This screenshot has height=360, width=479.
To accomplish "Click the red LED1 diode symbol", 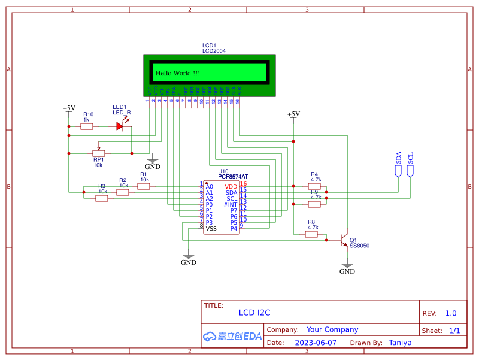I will (120, 126).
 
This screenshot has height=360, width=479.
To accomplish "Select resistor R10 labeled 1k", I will (87, 126).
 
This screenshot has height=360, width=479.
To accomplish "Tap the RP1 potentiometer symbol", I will (99, 153).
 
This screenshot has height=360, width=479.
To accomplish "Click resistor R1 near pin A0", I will (144, 186).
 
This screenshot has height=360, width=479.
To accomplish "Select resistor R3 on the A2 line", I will (102, 198).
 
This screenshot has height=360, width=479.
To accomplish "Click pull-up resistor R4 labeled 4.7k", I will (314, 186).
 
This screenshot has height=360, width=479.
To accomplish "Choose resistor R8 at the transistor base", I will (311, 234).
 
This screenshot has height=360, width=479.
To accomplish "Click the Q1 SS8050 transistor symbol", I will (344, 240).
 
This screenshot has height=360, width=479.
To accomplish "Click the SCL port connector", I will (410, 171).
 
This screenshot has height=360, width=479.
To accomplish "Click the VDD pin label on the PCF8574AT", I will (231, 187).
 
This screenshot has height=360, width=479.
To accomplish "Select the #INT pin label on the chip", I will (230, 205).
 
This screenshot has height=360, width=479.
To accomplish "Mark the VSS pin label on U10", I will (211, 229).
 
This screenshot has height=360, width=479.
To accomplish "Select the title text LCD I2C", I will (254, 313).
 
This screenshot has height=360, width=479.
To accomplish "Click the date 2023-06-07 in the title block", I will (316, 343).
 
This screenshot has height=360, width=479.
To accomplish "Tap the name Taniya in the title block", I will (399, 343).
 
